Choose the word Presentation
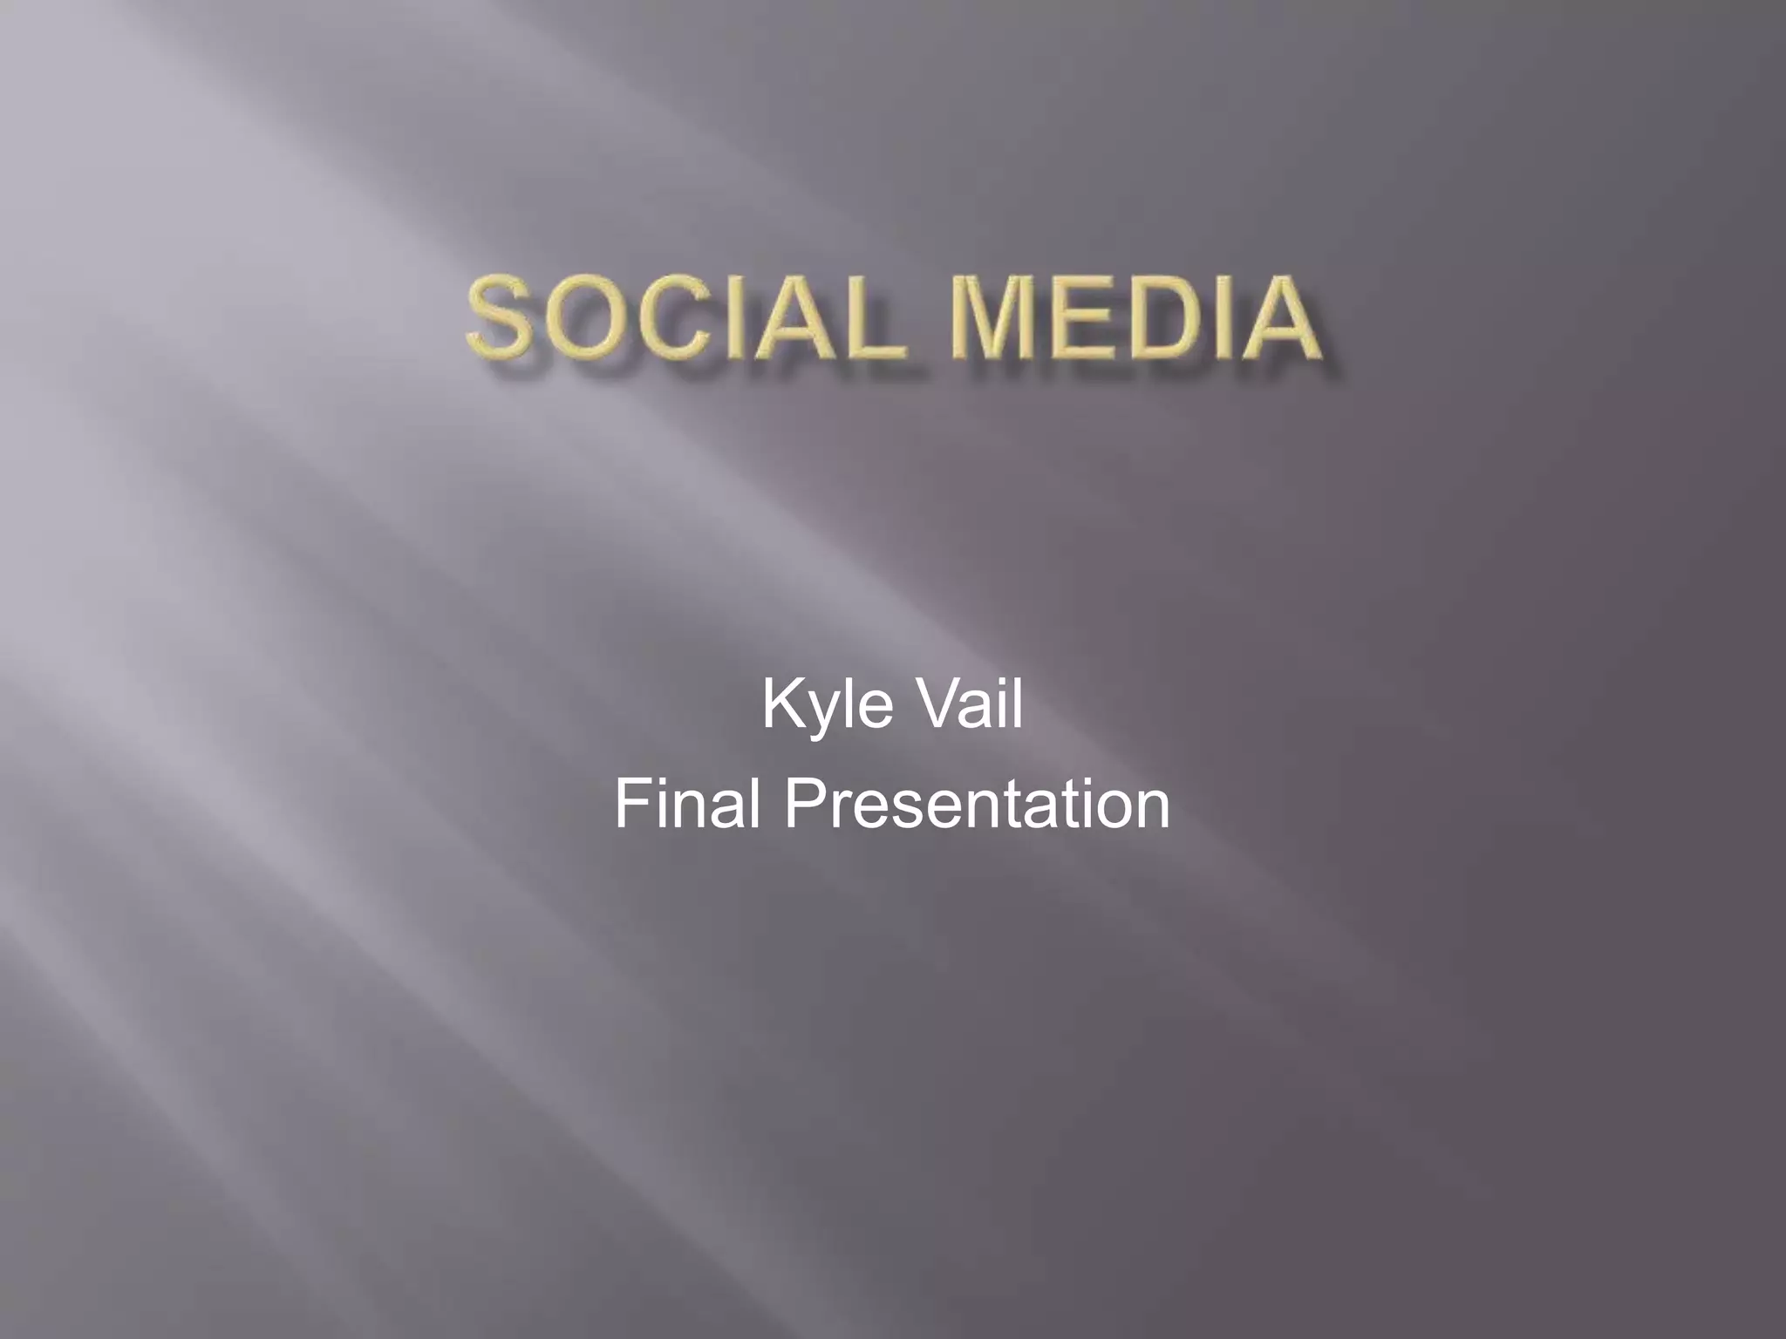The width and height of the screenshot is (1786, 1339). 977,805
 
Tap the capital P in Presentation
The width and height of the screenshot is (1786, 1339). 804,805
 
